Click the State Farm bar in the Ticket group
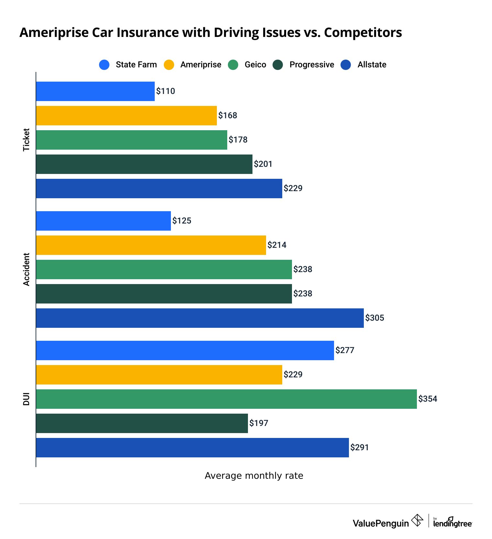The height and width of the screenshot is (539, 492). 95,91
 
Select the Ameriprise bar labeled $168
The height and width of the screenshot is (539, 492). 126,116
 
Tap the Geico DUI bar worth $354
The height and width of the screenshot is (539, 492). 226,399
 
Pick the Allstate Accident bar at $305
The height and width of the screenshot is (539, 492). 200,318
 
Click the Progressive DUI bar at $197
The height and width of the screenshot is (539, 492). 142,423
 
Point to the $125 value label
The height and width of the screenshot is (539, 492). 182,221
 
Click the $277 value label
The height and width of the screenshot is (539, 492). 345,350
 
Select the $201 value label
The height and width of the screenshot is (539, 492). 263,164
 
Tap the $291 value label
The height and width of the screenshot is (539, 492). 359,448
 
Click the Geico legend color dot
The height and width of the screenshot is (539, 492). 233,65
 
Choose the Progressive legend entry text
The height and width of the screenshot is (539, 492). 311,65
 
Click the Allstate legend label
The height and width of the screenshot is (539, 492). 372,65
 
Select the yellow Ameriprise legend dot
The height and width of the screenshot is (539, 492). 169,65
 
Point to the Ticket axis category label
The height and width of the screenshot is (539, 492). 26,140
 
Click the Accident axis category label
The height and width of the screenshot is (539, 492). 26,269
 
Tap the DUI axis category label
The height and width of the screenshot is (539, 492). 26,399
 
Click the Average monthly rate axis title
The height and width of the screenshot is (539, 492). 254,476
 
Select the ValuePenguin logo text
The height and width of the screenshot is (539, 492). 381,523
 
